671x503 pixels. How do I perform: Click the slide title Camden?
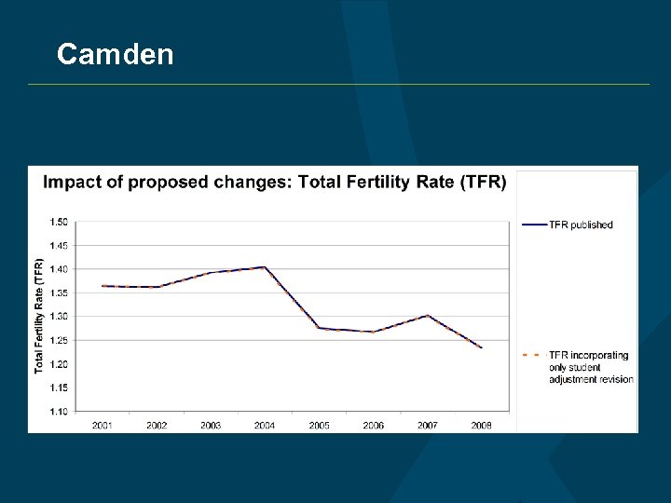pos(115,54)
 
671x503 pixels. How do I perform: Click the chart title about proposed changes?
pos(275,182)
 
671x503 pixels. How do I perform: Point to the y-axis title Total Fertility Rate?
pos(39,317)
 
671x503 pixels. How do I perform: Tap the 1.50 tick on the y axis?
pos(58,222)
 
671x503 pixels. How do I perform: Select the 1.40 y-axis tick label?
pos(58,269)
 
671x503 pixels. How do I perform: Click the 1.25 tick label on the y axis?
pos(58,340)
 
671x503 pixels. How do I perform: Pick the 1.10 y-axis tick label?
pos(58,411)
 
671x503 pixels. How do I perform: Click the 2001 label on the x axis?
pos(103,426)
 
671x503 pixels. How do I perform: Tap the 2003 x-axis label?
pos(211,426)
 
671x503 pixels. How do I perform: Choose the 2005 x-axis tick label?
pos(319,426)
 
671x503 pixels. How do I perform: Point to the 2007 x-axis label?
pos(427,426)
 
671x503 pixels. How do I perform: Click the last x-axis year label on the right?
pos(481,426)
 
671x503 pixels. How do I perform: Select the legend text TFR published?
pos(581,224)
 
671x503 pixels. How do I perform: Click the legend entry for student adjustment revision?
pos(590,367)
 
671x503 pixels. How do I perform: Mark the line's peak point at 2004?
pos(265,267)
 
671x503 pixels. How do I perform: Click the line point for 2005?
pos(319,328)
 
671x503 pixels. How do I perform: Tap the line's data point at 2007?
pos(427,315)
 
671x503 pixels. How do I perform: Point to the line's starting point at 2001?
pos(103,286)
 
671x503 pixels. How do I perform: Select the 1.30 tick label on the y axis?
pos(58,317)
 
